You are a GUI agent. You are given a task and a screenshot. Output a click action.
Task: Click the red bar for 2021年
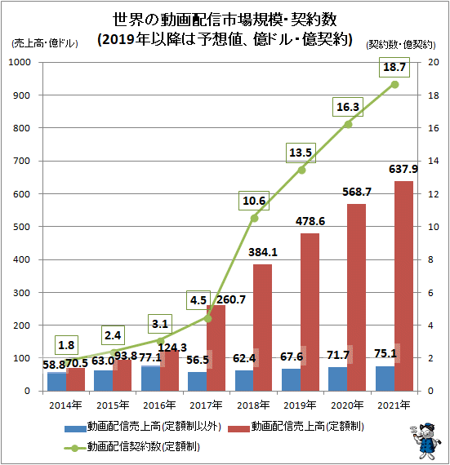pos(403,286)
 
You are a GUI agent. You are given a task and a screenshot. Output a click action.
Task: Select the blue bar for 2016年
pos(151,379)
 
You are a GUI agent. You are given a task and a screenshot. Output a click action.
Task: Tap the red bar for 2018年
pos(262,328)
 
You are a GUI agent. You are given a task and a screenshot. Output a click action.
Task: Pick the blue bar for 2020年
pos(338,379)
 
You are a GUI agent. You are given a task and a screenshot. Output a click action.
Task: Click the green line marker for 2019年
pos(301,170)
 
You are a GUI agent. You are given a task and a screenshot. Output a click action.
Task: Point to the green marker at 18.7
pos(394,85)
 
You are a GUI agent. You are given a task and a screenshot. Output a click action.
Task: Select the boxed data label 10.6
pos(254,201)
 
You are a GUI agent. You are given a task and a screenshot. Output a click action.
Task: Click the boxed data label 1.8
pos(66,345)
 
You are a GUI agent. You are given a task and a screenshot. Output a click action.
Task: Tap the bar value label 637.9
pos(403,169)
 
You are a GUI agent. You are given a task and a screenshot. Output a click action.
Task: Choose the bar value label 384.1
pos(263,252)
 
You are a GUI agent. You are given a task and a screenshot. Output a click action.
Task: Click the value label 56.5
pos(198,360)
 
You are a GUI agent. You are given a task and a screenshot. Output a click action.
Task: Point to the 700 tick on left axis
pos(21,161)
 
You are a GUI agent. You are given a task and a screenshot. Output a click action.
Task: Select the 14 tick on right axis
pos(433,161)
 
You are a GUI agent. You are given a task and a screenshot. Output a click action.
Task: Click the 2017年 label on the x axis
pos(206,405)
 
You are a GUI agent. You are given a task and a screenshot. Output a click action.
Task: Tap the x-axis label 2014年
pos(65,405)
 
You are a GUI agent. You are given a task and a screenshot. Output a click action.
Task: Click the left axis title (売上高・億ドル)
pos(45,43)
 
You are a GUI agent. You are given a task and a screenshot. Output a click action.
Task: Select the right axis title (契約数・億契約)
pos(401,45)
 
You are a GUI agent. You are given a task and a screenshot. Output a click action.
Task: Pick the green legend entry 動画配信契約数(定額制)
pos(132,446)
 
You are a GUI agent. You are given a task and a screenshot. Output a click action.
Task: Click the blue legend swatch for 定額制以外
pos(75,429)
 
